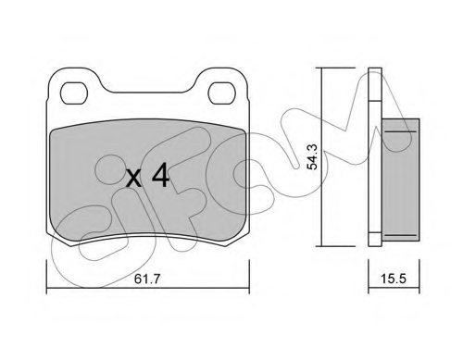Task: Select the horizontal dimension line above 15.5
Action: (x=389, y=266)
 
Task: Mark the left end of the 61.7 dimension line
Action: (x=46, y=266)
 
